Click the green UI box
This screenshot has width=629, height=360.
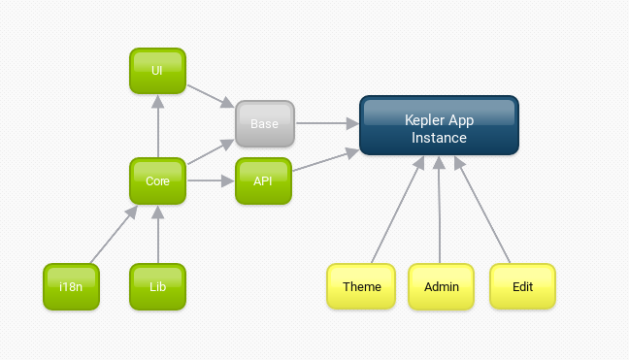click(157, 71)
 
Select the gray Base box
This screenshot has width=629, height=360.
click(264, 124)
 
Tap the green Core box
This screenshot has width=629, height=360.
click(157, 180)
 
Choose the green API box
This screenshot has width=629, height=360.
click(264, 180)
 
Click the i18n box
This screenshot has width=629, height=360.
click(71, 287)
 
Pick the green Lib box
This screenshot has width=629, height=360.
click(157, 287)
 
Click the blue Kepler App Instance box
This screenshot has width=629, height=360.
click(439, 125)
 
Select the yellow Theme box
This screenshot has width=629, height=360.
click(361, 287)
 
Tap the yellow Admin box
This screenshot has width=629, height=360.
click(442, 287)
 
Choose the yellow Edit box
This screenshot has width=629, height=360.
click(522, 287)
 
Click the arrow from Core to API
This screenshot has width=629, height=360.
click(210, 180)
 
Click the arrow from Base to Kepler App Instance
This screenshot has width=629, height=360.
click(325, 123)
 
